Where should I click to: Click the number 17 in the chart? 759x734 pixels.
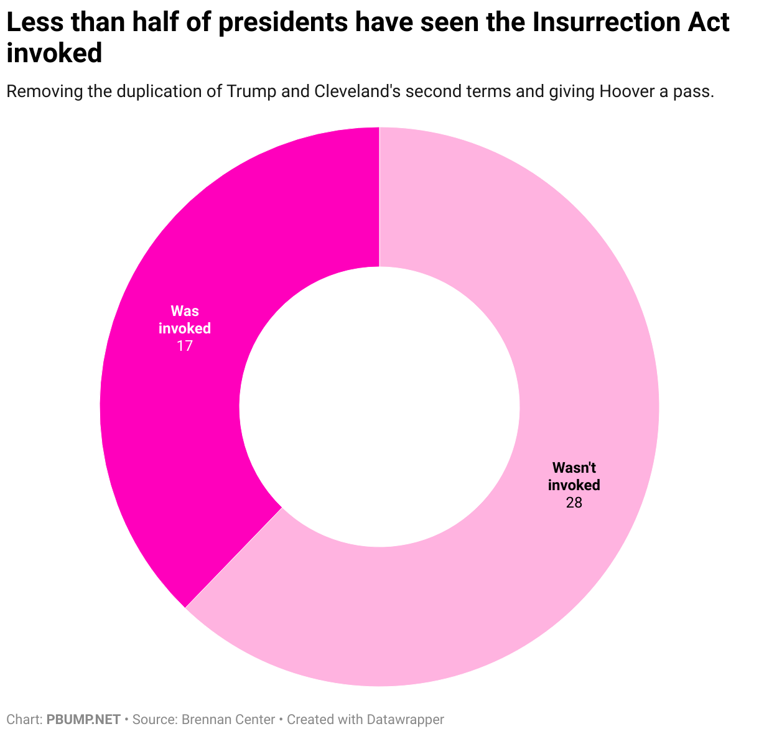tap(184, 346)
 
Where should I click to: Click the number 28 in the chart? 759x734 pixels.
tap(574, 503)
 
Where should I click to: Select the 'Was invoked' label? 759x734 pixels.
tap(184, 319)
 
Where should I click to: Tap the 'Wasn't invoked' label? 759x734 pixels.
tap(574, 476)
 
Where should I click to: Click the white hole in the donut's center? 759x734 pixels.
tap(379, 407)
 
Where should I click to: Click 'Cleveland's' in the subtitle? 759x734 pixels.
tap(351, 91)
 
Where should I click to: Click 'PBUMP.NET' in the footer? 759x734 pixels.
tap(83, 720)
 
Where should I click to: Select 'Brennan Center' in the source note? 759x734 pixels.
tap(228, 720)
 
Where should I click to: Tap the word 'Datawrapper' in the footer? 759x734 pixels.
tap(405, 720)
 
